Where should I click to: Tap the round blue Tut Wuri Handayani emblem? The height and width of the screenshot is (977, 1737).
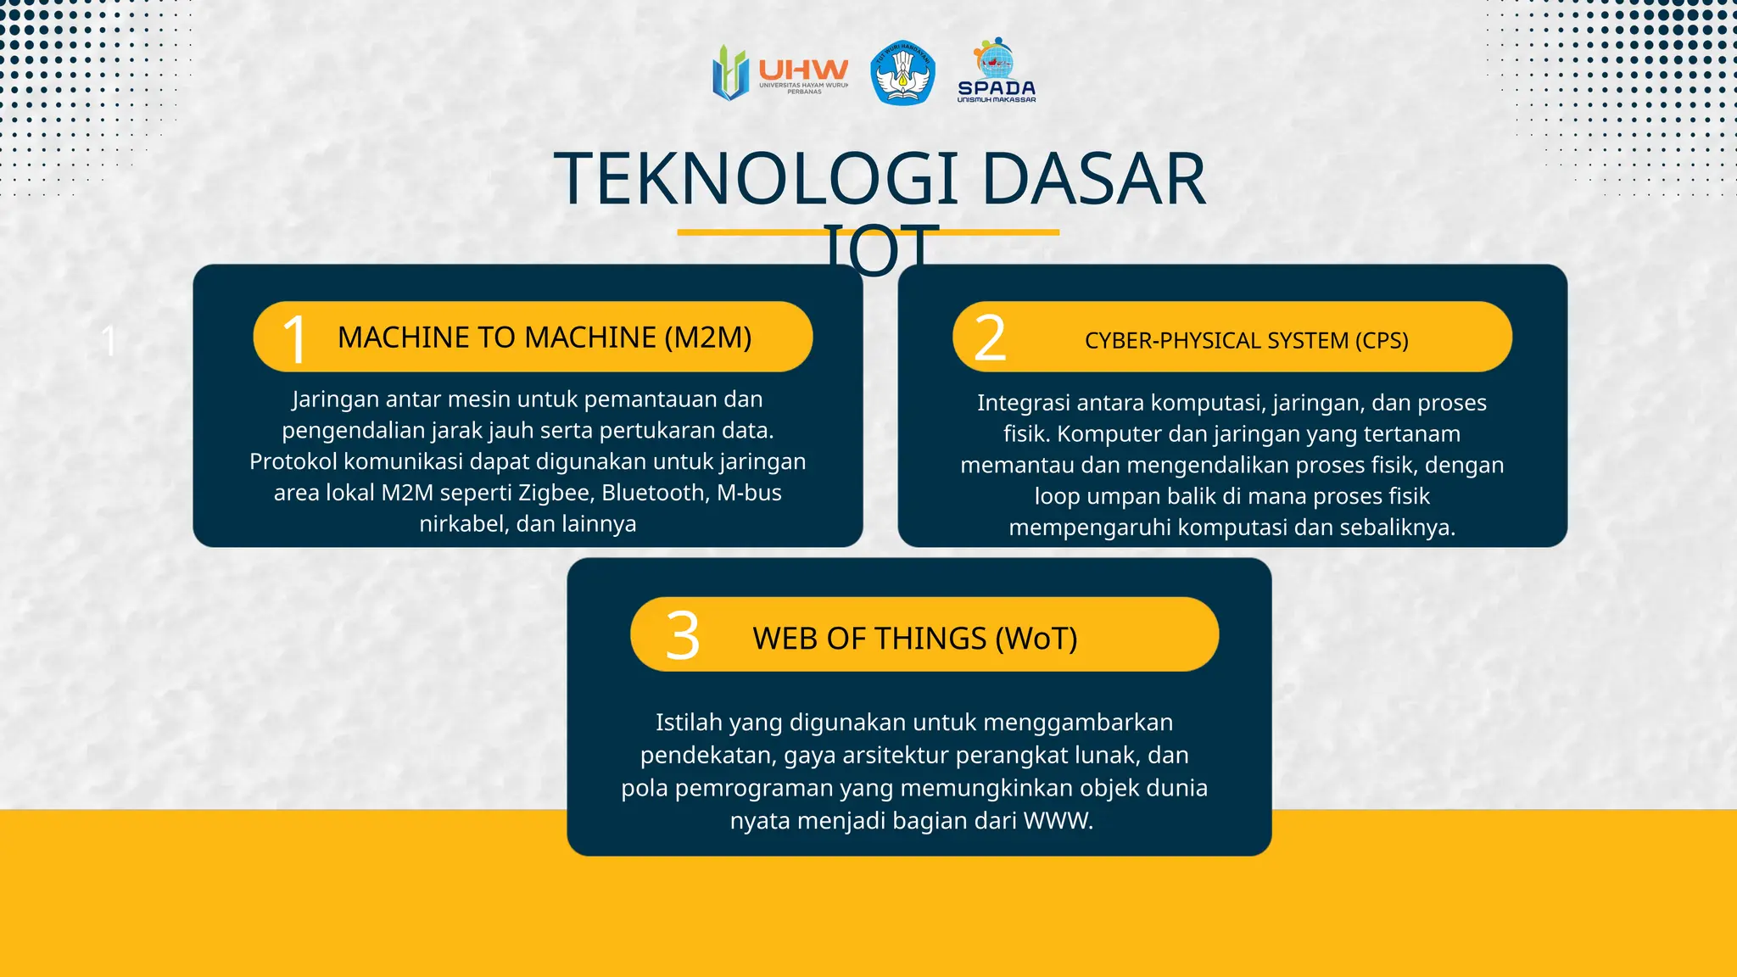point(903,74)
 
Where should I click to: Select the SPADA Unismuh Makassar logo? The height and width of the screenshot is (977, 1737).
point(997,72)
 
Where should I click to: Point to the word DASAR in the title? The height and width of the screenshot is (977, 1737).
point(1093,180)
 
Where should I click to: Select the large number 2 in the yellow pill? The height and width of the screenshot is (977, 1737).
point(990,338)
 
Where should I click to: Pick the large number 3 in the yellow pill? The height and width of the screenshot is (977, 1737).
point(683,636)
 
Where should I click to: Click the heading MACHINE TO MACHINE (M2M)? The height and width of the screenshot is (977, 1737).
point(545,338)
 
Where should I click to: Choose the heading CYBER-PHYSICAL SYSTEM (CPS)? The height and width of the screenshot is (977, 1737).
point(1246,341)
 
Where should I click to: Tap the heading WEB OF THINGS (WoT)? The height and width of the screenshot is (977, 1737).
point(914,639)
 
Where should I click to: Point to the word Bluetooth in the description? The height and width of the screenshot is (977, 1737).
point(654,493)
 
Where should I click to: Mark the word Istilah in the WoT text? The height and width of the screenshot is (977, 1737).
point(688,723)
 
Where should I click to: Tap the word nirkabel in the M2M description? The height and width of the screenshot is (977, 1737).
point(463,524)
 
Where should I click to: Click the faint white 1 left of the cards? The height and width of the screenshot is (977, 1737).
point(109,342)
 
